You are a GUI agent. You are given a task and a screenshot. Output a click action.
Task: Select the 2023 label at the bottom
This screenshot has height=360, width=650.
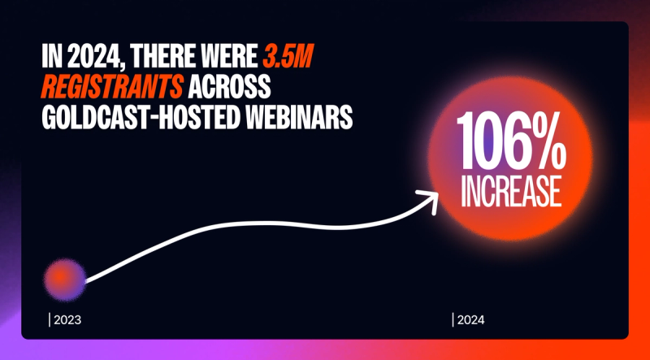pos(67,319)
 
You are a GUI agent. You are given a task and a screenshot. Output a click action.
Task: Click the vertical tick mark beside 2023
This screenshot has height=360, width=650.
pos(49,319)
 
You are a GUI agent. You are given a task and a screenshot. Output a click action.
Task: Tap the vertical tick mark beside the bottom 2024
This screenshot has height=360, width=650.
pos(453,319)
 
